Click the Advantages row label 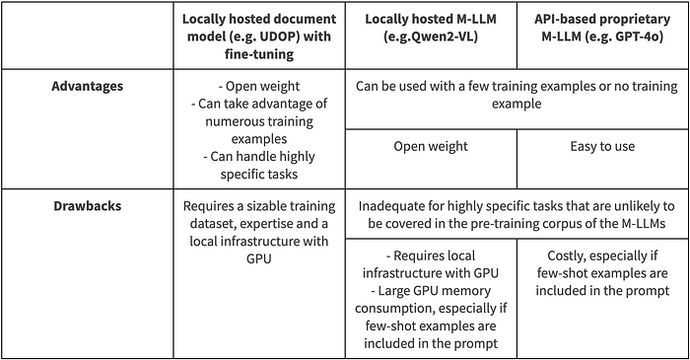88,86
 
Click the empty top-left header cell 87,35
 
